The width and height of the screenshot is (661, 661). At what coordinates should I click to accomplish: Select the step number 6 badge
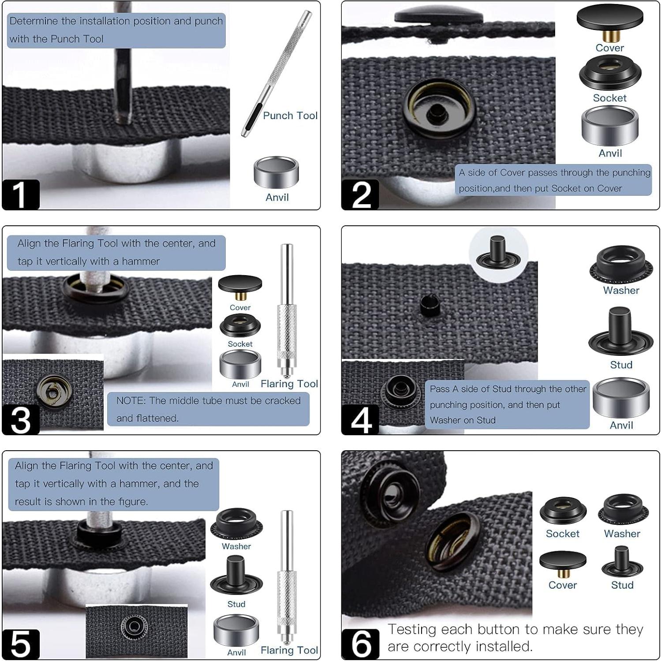click(360, 644)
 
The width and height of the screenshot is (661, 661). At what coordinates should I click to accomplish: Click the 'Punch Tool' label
click(290, 116)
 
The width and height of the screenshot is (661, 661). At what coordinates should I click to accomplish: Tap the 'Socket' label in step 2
click(609, 98)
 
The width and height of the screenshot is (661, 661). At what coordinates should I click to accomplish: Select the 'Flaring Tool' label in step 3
click(289, 384)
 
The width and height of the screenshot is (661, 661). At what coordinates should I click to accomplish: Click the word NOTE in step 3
click(131, 401)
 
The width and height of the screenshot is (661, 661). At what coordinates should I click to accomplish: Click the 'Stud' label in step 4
click(621, 365)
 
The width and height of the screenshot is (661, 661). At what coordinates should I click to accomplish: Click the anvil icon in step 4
click(621, 397)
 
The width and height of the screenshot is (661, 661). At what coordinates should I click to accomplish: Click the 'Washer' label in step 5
click(236, 546)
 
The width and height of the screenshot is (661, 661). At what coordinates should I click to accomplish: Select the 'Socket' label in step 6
click(563, 534)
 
